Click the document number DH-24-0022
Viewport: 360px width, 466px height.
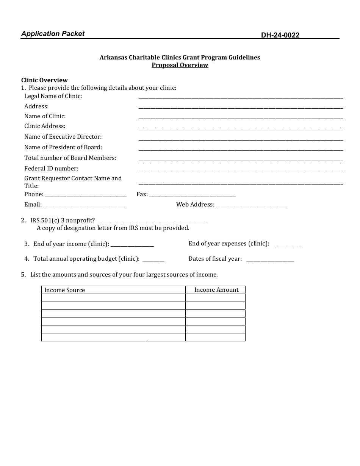(x=280, y=35)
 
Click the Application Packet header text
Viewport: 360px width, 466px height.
(x=53, y=34)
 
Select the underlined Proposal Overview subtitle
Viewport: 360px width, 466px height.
(x=180, y=65)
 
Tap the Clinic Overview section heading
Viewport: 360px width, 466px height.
(x=44, y=80)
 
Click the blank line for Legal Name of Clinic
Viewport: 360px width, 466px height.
(x=241, y=97)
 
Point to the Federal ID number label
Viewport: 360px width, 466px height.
(x=51, y=168)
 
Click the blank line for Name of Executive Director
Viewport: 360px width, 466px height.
(x=241, y=138)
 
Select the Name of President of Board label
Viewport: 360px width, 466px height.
(x=63, y=147)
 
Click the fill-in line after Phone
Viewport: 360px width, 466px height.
(x=86, y=195)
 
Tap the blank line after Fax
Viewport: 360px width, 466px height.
(x=192, y=195)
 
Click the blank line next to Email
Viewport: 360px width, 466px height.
(x=84, y=205)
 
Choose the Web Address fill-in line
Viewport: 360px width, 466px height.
(x=250, y=205)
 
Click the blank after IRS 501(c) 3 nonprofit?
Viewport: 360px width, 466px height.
(x=153, y=221)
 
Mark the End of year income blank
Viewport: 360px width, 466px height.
(x=132, y=244)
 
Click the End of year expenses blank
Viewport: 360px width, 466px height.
(x=288, y=244)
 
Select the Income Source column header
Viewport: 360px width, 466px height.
(x=64, y=290)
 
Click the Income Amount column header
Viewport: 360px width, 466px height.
(x=216, y=290)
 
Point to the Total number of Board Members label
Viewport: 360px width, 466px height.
(x=70, y=158)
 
